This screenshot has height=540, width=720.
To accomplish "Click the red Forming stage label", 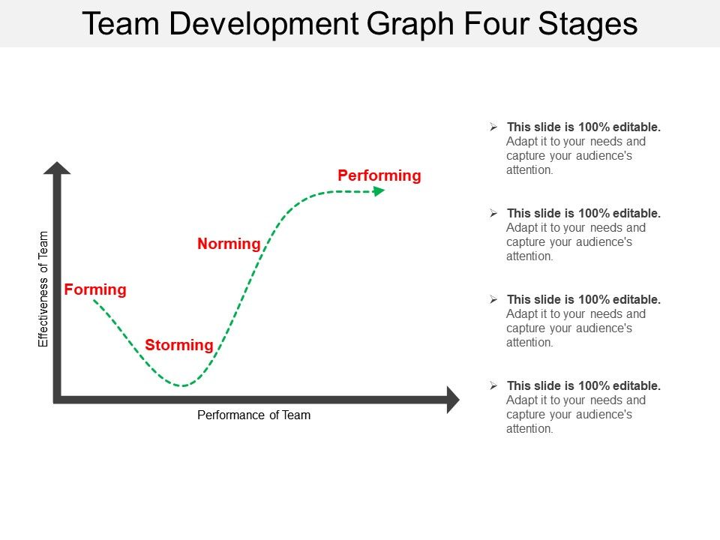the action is coord(95,289).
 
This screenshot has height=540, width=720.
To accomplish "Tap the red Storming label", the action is coord(179,345).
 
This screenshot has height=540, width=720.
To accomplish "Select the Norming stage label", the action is coord(229,244).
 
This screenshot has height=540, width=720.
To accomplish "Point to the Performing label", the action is coord(379,175).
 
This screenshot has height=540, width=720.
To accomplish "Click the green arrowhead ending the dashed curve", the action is coord(379,191).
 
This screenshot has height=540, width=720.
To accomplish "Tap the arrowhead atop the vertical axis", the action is coord(57,168).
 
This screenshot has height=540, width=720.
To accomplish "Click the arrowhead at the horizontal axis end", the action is coord(453,400).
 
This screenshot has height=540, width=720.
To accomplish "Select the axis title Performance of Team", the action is coord(254,415).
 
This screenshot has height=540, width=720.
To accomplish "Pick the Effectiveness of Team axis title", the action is coord(43,289).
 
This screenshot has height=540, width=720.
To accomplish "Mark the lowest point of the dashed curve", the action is coord(182,385).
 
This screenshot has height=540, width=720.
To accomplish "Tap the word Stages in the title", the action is coord(588,24).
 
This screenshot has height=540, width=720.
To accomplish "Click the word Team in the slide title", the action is coord(121,23).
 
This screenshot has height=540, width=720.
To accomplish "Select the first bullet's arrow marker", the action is coord(493,127).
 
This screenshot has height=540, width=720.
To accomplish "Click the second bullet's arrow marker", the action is coord(493,213).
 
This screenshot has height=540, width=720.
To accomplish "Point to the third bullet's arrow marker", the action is coord(493,299).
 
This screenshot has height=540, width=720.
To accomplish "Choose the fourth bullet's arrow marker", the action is coord(493,385).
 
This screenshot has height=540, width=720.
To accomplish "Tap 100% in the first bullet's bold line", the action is coord(594,127).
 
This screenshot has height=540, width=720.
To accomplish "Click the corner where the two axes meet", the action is coord(57,400).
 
